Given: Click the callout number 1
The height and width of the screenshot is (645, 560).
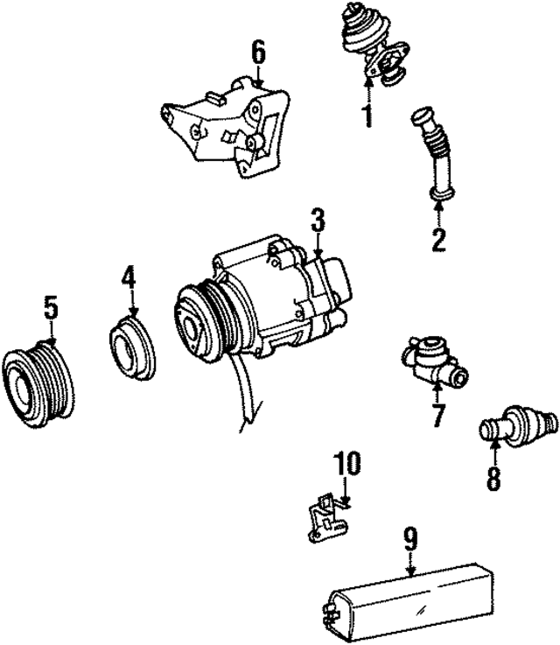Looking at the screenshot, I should coord(367,114).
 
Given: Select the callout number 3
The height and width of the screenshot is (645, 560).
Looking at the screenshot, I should coord(317,222).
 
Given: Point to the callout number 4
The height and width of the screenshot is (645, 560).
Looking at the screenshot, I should coord(129,279).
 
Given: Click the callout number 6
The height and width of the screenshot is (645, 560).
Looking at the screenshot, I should coord(258,54).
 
